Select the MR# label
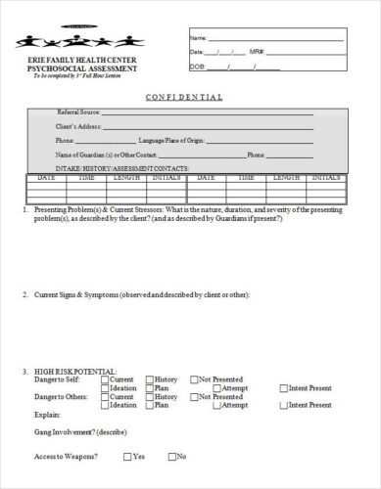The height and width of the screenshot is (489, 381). pos(258,51)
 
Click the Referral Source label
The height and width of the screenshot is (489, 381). pos(79,112)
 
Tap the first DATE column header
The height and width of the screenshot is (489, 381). pos(46,178)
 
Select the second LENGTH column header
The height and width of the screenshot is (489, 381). pos(286,178)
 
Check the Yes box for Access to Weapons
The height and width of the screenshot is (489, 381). pos(127,456)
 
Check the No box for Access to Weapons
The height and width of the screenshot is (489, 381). pos(172,456)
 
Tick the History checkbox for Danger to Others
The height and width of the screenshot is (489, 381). pos(149,397)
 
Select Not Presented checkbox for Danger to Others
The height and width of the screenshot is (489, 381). pos(194,397)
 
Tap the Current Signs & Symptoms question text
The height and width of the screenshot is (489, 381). pos(137,294)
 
